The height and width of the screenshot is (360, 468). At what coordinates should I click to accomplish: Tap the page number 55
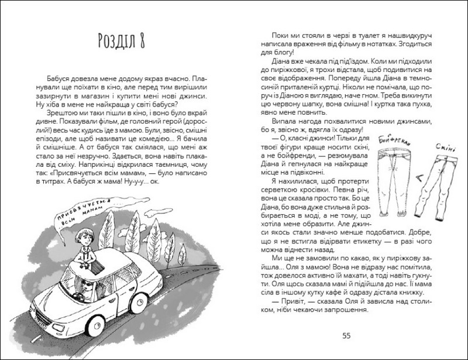[346, 335]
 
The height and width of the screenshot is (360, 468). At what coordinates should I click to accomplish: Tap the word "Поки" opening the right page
[282, 35]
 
